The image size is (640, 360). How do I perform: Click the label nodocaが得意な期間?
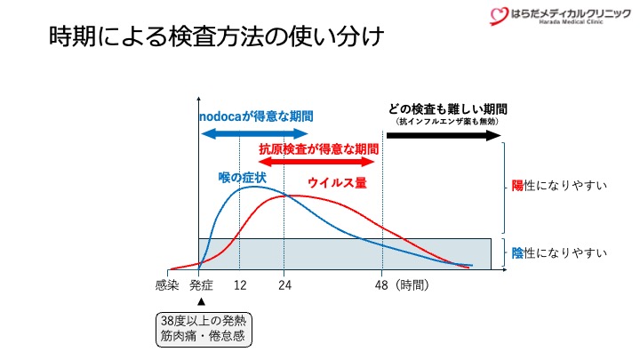pyautogui.click(x=255, y=116)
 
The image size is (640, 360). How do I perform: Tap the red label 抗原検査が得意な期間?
pyautogui.click(x=318, y=148)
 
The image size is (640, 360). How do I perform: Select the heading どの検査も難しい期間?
pyautogui.click(x=448, y=108)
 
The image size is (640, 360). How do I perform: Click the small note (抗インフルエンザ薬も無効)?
pyautogui.click(x=448, y=121)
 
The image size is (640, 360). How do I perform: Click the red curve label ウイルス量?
pyautogui.click(x=337, y=182)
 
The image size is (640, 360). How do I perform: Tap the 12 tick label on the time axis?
pyautogui.click(x=240, y=285)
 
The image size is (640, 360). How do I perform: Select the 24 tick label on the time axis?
pyautogui.click(x=284, y=285)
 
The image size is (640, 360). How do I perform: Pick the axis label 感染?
pyautogui.click(x=167, y=285)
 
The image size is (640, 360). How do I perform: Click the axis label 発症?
pyautogui.click(x=202, y=285)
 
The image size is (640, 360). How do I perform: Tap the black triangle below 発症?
pyautogui.click(x=201, y=301)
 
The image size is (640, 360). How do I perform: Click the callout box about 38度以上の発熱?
pyautogui.click(x=202, y=328)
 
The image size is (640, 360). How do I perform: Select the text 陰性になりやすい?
pyautogui.click(x=559, y=253)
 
